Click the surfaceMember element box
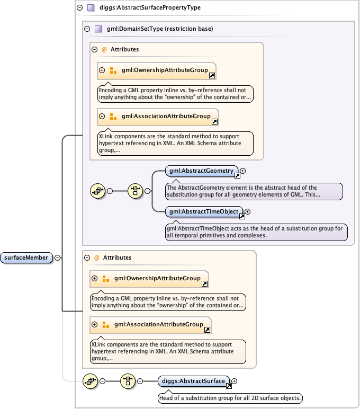(x=26, y=258)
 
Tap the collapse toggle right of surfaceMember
(x=57, y=258)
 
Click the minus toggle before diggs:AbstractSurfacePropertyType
(x=79, y=8)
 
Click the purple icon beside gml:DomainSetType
(x=98, y=29)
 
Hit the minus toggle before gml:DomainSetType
(x=87, y=29)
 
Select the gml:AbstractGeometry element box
(x=201, y=171)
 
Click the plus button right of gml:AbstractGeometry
(x=243, y=171)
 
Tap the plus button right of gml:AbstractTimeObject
(x=247, y=212)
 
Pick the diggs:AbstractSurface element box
(x=193, y=381)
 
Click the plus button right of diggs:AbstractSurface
(x=235, y=380)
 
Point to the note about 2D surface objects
(x=230, y=398)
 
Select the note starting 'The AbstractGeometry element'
(x=254, y=191)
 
